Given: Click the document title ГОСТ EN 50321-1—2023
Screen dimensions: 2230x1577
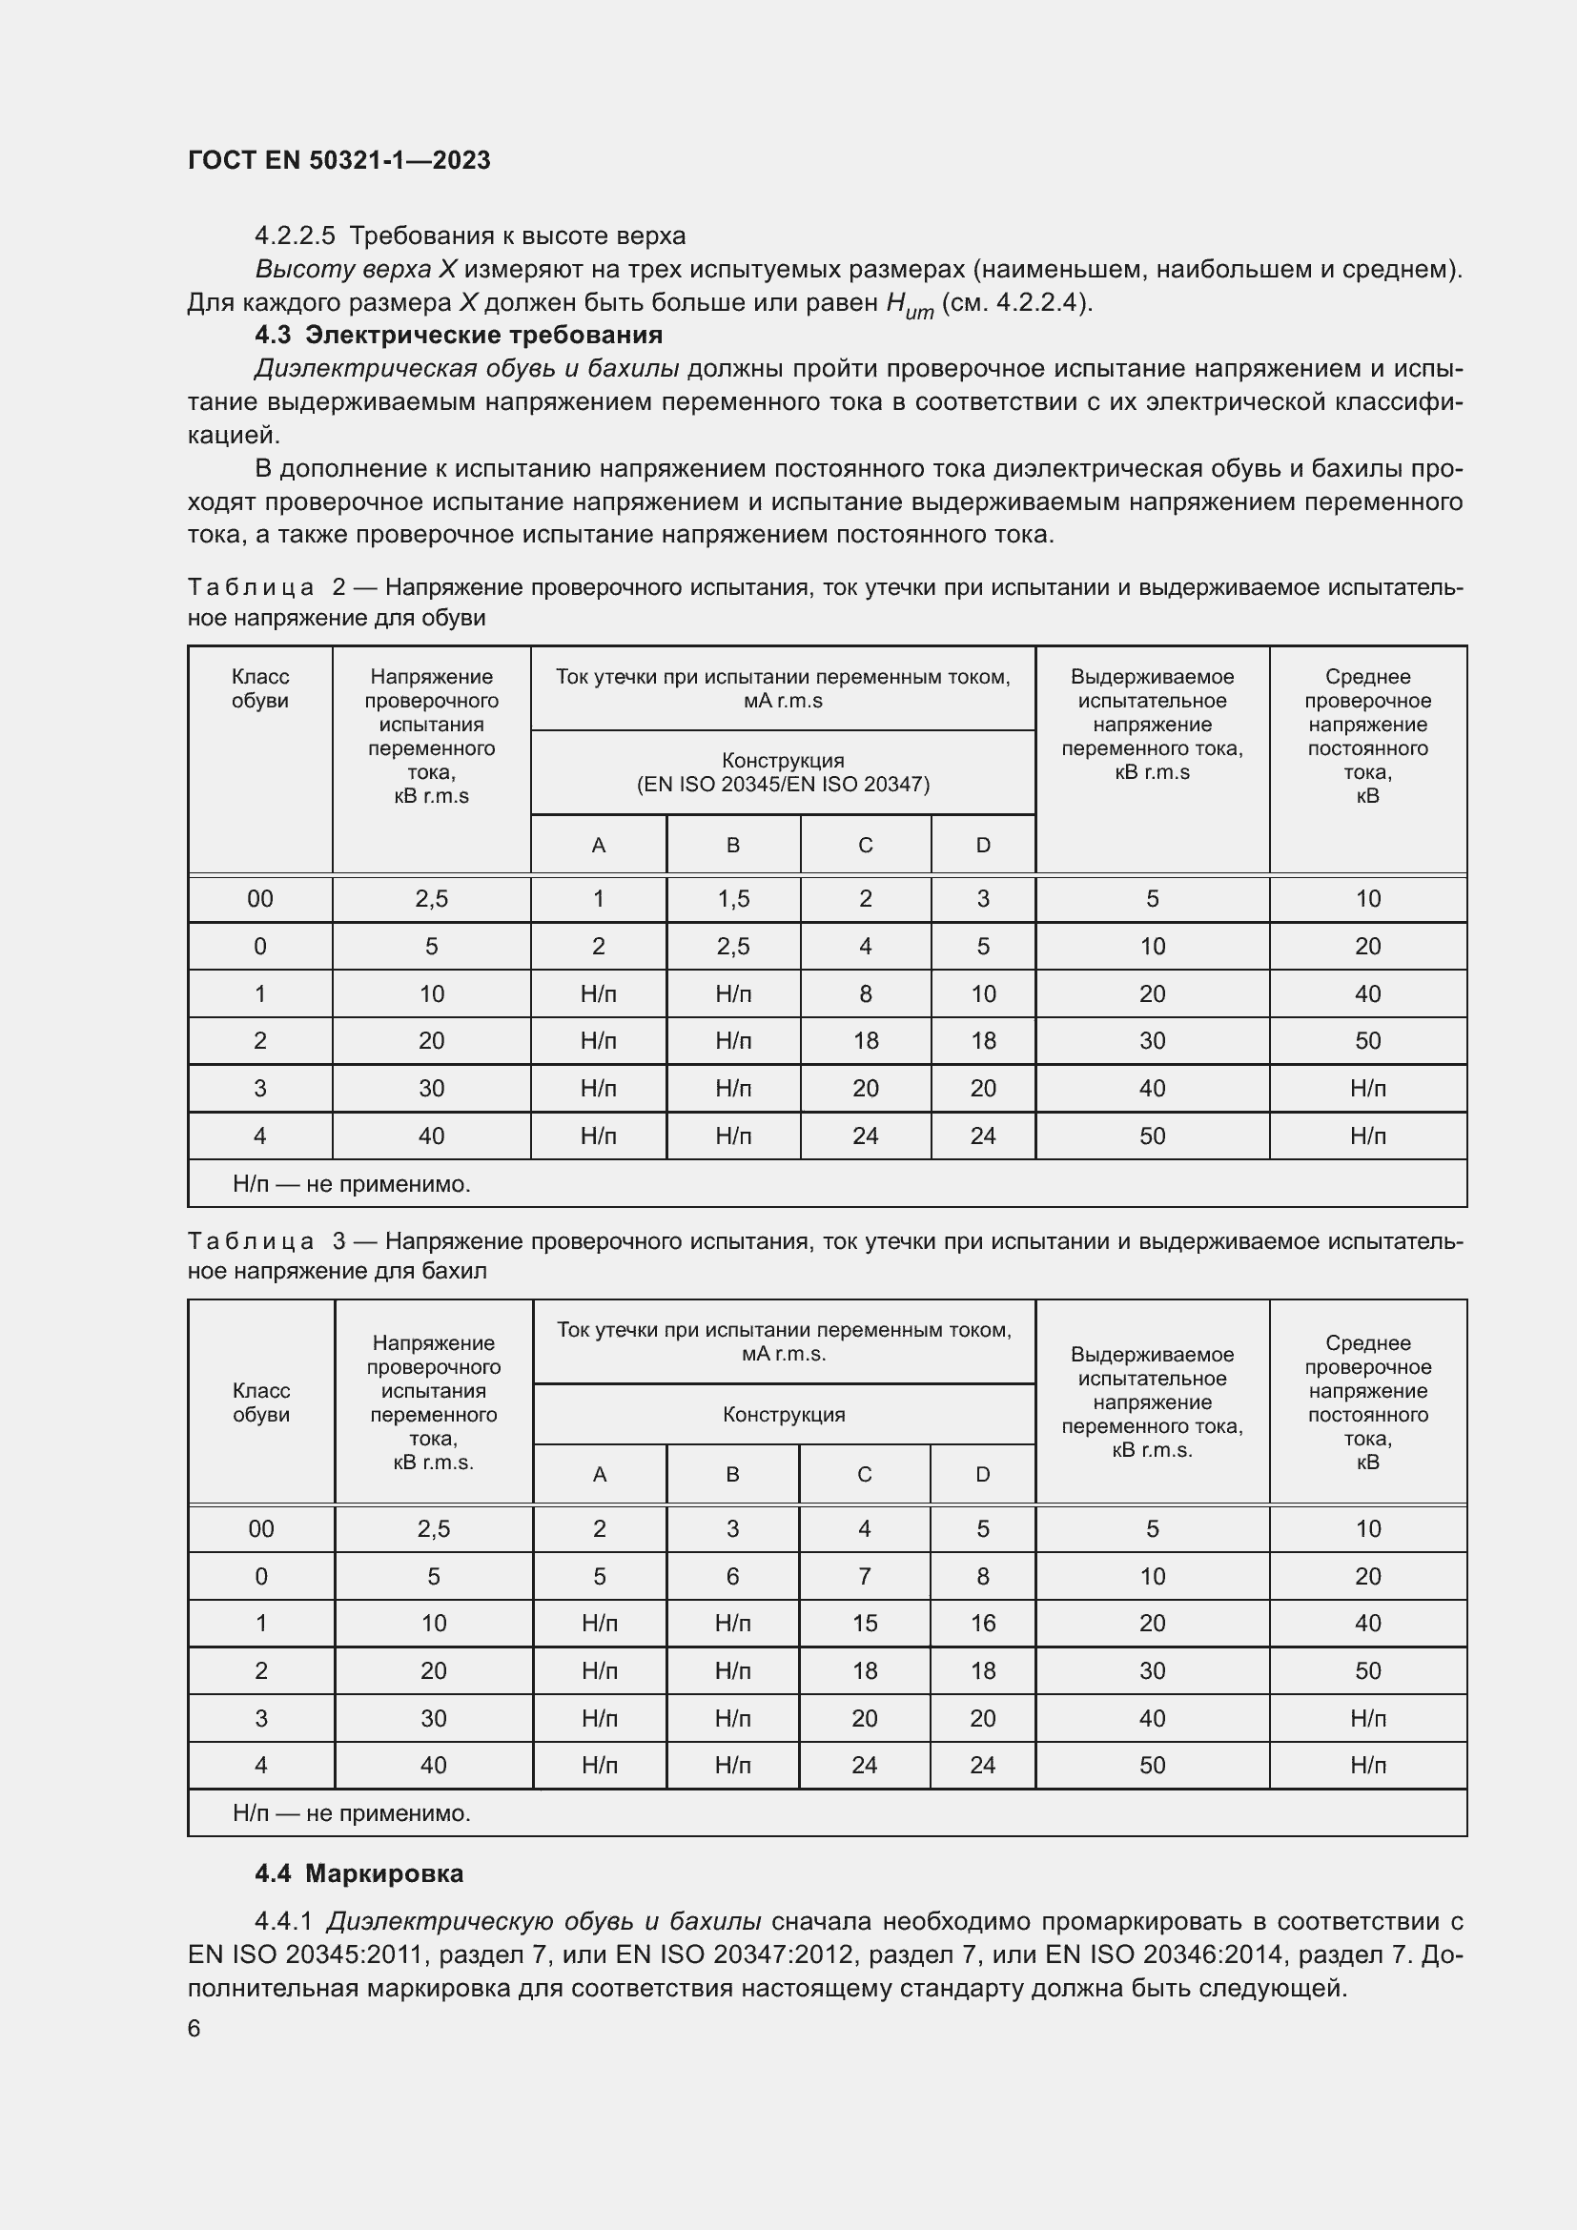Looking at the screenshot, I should pyautogui.click(x=338, y=160).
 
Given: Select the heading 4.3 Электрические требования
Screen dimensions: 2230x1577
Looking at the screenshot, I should pyautogui.click(x=459, y=335).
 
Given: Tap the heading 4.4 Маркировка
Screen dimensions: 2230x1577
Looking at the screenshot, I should pyautogui.click(x=358, y=1873).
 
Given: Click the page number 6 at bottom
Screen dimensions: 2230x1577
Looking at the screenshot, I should pyautogui.click(x=195, y=2029).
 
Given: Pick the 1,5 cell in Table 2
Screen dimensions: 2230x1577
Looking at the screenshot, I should pyautogui.click(x=733, y=899).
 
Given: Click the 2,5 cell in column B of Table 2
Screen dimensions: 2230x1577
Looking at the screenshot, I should pyautogui.click(x=733, y=947).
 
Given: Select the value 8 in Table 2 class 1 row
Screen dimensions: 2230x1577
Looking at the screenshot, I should pyautogui.click(x=865, y=994).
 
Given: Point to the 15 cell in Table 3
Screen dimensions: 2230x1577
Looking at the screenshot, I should pyautogui.click(x=864, y=1624).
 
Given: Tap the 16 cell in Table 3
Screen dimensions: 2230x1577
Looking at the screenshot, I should pyautogui.click(x=983, y=1624).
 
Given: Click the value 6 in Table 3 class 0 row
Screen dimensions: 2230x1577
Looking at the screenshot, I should pyautogui.click(x=733, y=1576).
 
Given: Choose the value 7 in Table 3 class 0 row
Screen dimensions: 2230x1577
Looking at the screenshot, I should pyautogui.click(x=864, y=1576).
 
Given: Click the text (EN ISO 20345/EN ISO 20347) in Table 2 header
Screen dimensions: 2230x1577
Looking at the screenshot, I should pyautogui.click(x=783, y=785).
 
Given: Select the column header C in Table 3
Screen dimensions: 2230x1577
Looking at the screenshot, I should pyautogui.click(x=864, y=1474).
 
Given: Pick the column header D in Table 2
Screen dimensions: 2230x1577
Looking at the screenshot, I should pyautogui.click(x=983, y=845).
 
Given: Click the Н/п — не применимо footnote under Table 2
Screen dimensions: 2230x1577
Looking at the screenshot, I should pyautogui.click(x=352, y=1185).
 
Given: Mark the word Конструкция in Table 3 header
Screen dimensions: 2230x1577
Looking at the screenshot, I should pyautogui.click(x=784, y=1415).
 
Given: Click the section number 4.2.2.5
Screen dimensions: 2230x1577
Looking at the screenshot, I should pyautogui.click(x=295, y=236).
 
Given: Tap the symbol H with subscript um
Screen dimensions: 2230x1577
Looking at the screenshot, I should pyautogui.click(x=909, y=305).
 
